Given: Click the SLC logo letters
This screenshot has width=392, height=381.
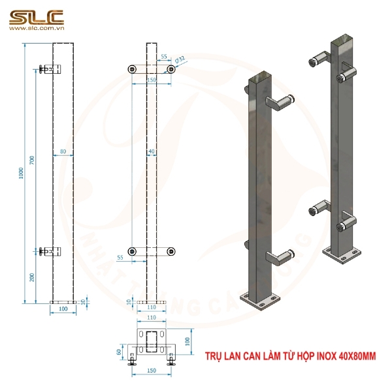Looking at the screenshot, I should coord(36,16).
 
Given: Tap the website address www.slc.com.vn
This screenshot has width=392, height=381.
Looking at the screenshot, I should coord(36,29).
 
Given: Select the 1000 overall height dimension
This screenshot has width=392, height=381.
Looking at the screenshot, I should coord(22,171).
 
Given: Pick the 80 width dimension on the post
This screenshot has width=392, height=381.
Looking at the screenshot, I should coord(63,152).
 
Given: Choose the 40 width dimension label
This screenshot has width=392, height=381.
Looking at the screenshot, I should coord(152,152).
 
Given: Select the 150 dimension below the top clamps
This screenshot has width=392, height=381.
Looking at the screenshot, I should coord(152,80).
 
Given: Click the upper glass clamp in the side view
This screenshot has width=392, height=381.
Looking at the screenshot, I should coord(48,69).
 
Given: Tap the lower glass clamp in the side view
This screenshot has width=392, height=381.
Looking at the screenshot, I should coord(48,251).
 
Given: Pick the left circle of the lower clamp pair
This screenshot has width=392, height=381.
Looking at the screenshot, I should coord(132,251).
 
